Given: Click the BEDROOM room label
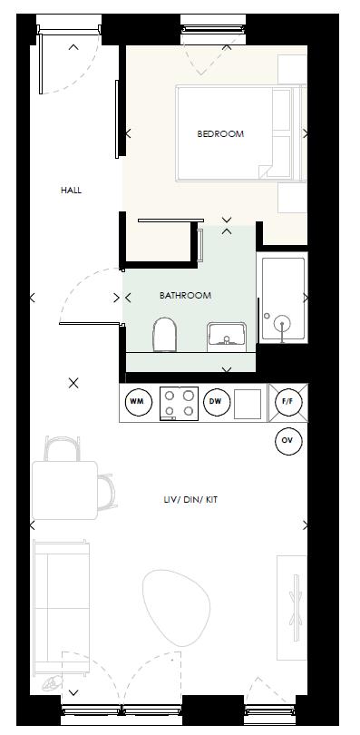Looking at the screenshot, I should click(220, 134).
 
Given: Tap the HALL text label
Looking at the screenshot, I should click(71, 191).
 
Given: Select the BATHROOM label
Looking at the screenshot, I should click(185, 296).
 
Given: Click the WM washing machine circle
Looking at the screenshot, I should click(137, 402).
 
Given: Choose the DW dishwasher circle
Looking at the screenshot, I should click(215, 402).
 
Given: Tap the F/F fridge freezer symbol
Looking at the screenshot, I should click(287, 402).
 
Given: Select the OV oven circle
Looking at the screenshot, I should click(287, 441).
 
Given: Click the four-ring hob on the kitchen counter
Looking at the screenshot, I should click(179, 403).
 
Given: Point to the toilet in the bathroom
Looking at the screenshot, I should click(165, 334).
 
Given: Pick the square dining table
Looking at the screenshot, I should click(64, 489).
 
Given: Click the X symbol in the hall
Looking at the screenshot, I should click(74, 384).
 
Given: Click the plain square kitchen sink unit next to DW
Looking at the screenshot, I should click(248, 403).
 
